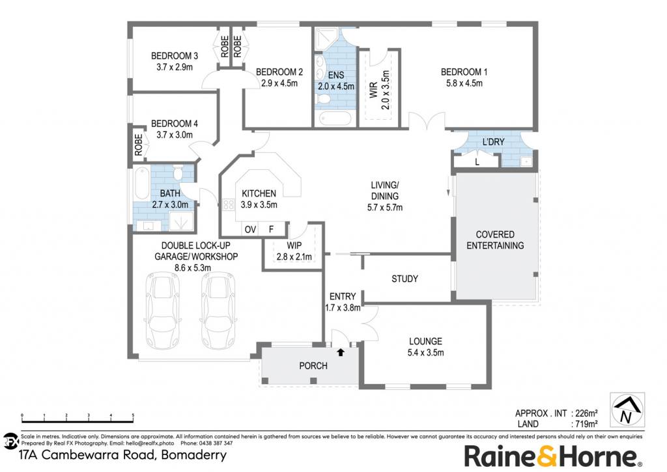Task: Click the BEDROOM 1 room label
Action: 464,72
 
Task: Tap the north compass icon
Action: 627,410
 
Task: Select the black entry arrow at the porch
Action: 341,352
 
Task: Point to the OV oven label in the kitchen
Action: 250,230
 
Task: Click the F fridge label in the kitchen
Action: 271,230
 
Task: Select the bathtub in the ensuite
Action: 335,118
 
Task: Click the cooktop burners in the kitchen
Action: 228,205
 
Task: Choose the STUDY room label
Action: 404,279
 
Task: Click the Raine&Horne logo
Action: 552,456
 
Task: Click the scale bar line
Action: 78,422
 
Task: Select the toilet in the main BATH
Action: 178,173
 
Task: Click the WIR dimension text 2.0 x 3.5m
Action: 386,90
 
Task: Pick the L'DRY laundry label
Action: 494,142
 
